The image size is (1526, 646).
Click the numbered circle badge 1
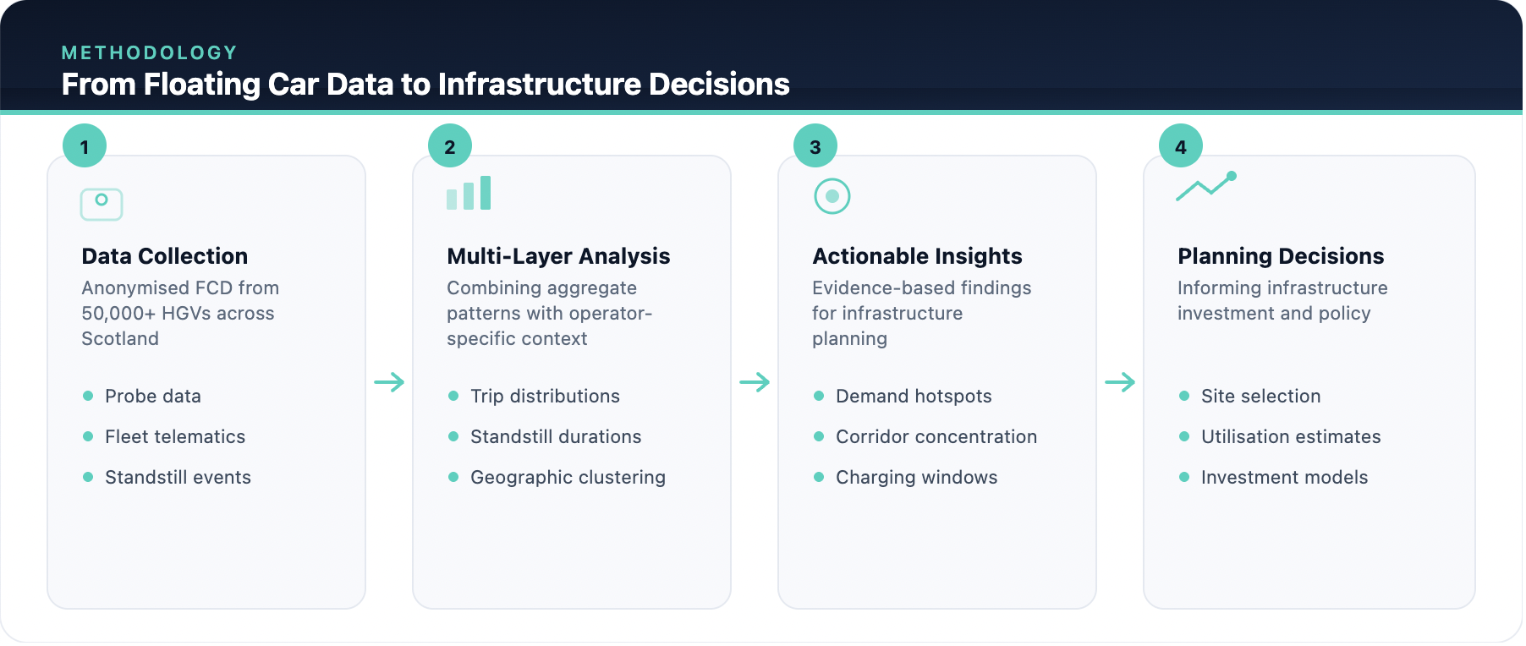(x=85, y=146)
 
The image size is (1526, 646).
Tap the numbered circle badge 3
(x=815, y=146)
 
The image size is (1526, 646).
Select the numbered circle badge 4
(x=1181, y=146)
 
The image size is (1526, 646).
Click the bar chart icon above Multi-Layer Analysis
(x=469, y=194)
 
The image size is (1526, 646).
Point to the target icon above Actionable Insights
(x=832, y=196)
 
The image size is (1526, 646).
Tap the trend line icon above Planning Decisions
(x=1206, y=186)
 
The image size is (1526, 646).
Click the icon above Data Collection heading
(x=102, y=204)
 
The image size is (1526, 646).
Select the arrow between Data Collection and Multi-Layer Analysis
(x=389, y=382)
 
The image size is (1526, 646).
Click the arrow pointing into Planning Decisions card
(x=1120, y=382)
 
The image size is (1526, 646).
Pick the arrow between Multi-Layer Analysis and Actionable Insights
(x=755, y=382)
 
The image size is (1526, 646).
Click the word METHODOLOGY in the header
(x=150, y=53)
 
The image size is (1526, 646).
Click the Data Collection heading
(x=165, y=256)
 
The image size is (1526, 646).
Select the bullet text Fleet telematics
(x=175, y=437)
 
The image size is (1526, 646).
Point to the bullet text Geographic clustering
(x=568, y=478)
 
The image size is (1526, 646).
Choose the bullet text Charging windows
(x=916, y=478)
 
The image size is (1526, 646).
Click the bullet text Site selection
(x=1260, y=397)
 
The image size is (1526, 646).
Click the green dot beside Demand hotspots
(x=819, y=396)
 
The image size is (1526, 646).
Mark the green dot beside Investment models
(x=1184, y=477)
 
